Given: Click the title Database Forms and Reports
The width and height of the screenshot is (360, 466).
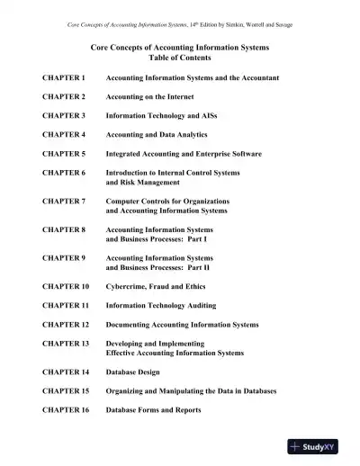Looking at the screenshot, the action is (154, 410).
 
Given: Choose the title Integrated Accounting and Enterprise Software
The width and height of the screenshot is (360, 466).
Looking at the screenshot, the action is (184, 154).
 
